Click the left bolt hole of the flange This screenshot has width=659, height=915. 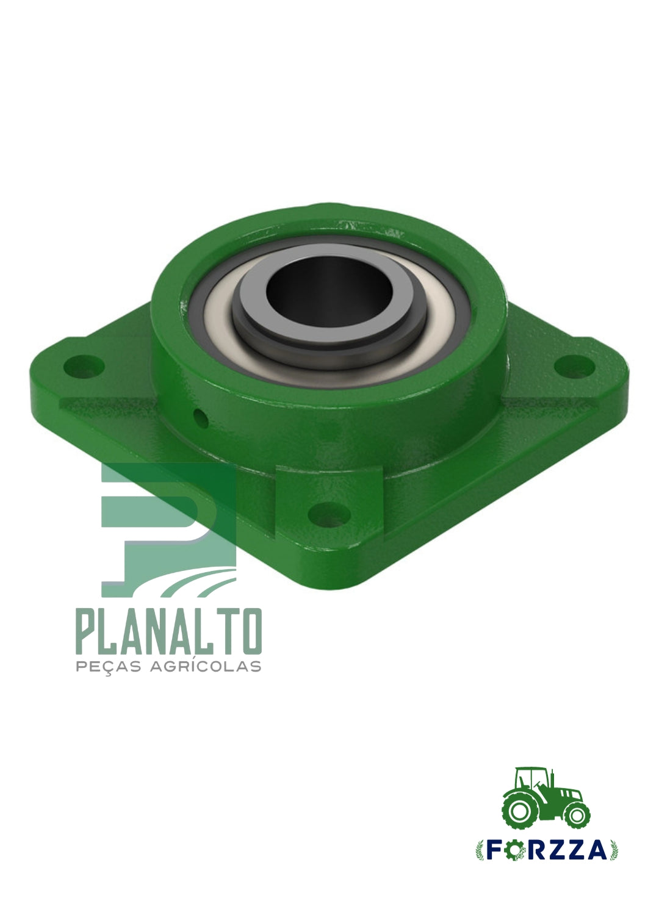coord(84,367)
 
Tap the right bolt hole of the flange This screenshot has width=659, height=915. coord(574,367)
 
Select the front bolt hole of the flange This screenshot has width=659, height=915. coord(329,515)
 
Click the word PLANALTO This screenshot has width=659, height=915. coord(169,631)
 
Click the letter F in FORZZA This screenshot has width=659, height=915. coord(494,850)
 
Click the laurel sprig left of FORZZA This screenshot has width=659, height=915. coord(480,850)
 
